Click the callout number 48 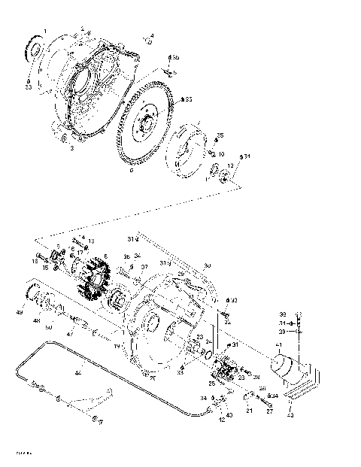(x=36, y=321)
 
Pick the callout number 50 (x=48, y=328)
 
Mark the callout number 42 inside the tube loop (x=77, y=372)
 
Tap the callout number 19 (x=117, y=345)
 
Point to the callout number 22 (x=228, y=322)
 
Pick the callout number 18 (x=35, y=260)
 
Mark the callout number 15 (x=46, y=268)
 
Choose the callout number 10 (x=200, y=153)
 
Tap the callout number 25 (x=212, y=384)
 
